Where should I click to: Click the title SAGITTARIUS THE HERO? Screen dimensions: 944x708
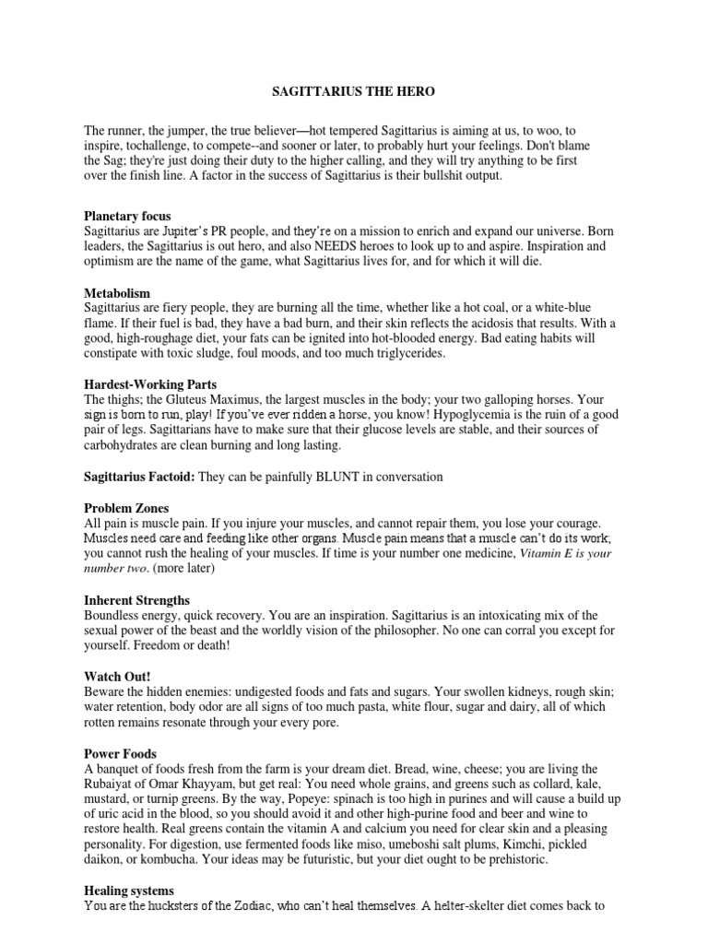(353, 93)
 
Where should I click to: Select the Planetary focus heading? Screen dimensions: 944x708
(127, 216)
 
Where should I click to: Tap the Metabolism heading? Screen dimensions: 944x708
(117, 291)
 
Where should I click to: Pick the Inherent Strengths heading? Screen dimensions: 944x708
(136, 600)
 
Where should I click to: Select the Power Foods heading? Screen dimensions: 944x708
(121, 753)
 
